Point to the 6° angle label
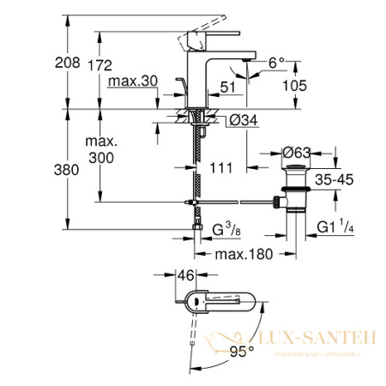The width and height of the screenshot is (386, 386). (x=274, y=63)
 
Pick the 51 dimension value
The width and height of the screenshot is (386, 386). (x=226, y=85)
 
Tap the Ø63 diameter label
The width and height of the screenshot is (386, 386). (x=295, y=153)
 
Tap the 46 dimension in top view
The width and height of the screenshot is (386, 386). (x=184, y=277)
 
